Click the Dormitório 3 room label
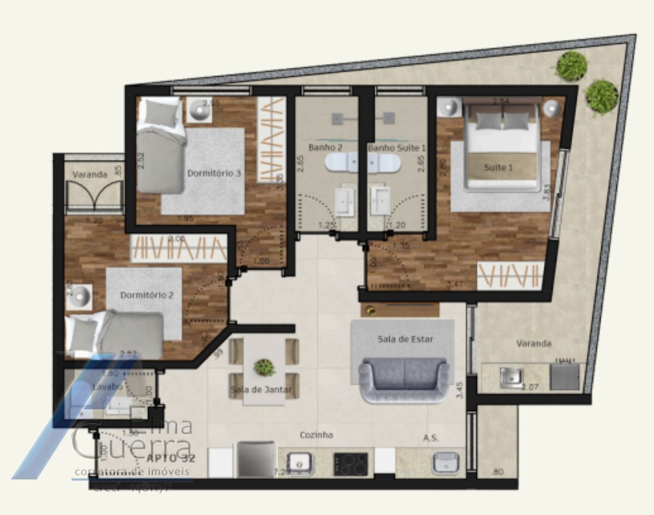214,173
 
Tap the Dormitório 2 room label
147,295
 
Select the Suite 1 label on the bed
498,167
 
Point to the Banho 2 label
325,147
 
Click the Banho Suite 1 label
397,147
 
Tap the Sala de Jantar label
261,390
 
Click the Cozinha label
316,435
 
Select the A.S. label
431,438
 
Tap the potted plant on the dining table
264,367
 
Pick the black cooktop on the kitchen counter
350,464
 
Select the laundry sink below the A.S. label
446,463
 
